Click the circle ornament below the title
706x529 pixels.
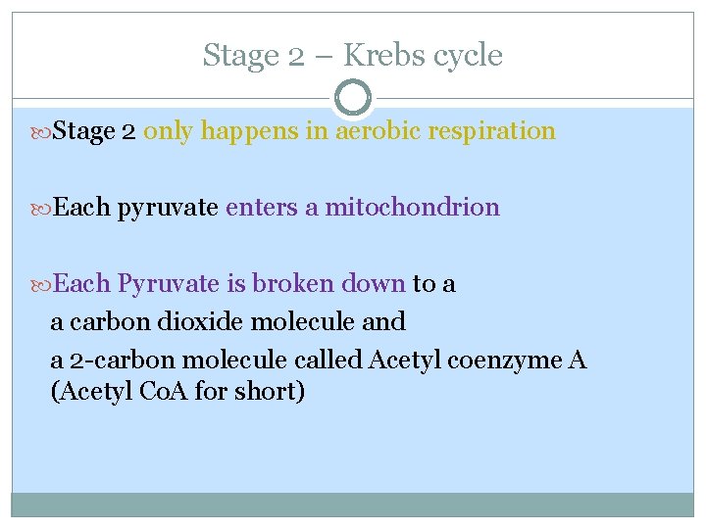[x=353, y=98]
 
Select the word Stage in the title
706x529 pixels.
[x=240, y=56]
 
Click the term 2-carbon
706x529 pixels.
[x=109, y=361]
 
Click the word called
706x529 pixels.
[x=328, y=360]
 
